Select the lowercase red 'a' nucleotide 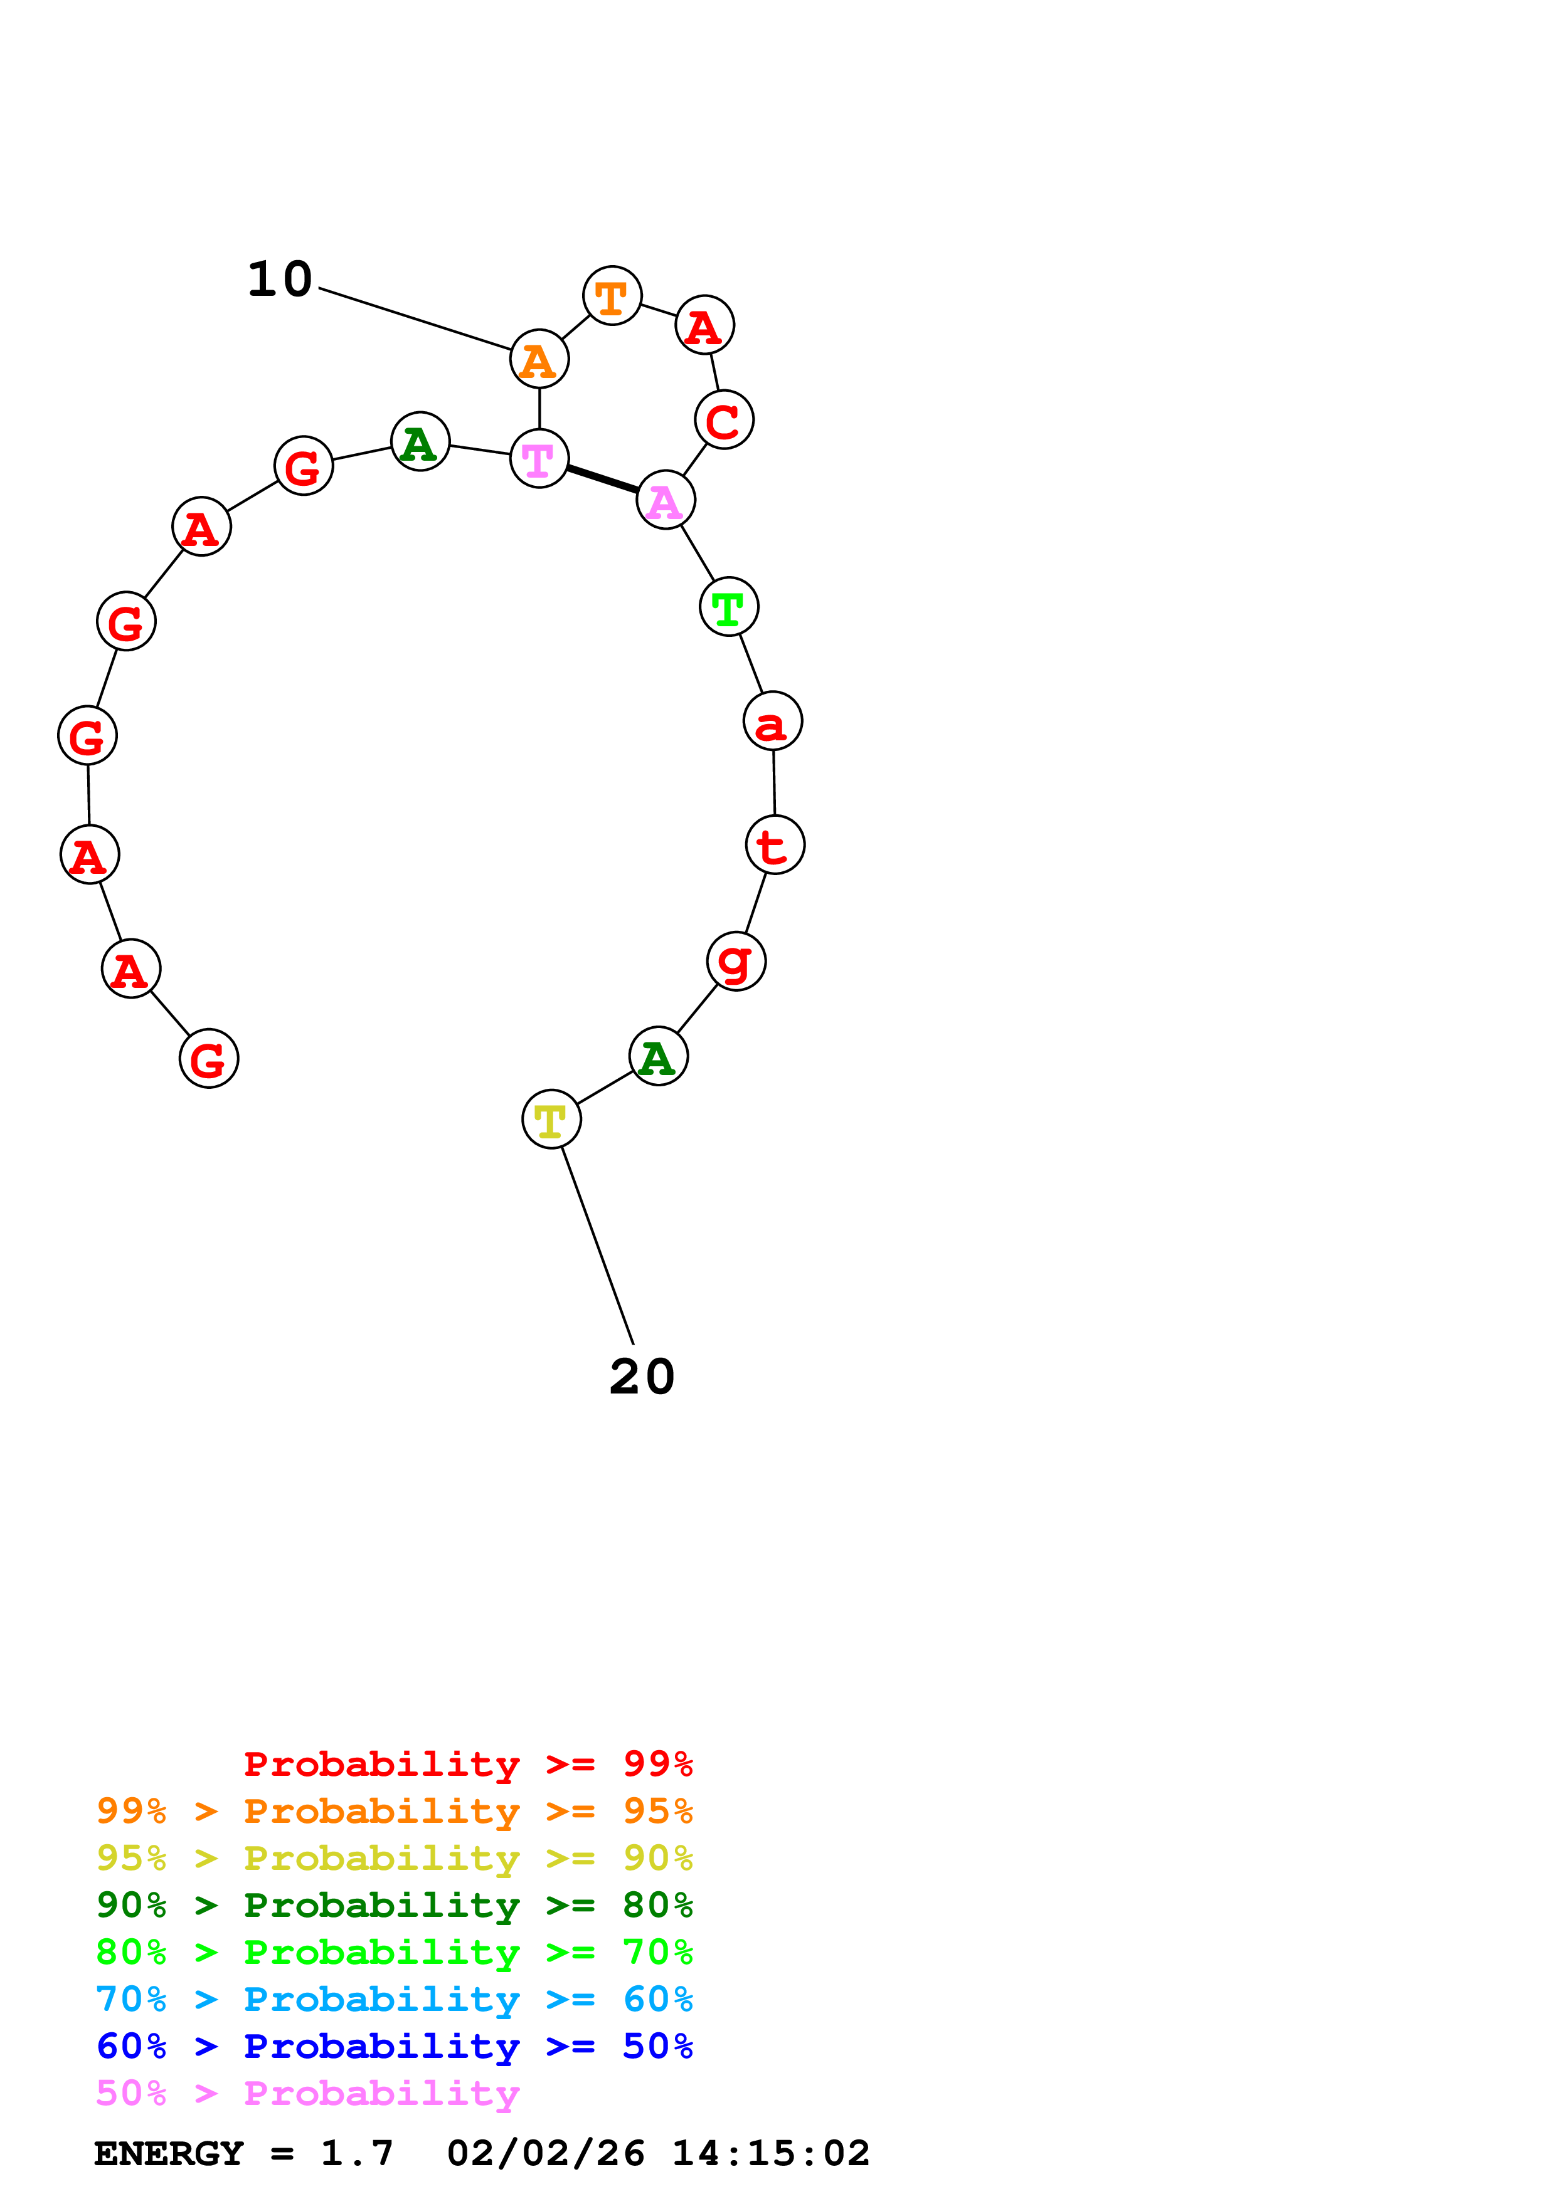point(772,721)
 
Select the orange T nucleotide point(612,296)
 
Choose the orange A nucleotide point(539,359)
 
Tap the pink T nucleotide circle point(539,459)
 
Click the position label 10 point(280,280)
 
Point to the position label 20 point(642,1377)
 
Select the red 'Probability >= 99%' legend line point(467,1764)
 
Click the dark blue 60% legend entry point(394,2047)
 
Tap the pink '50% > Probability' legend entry point(307,2094)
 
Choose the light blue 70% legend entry point(394,2000)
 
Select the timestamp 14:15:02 point(770,2154)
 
